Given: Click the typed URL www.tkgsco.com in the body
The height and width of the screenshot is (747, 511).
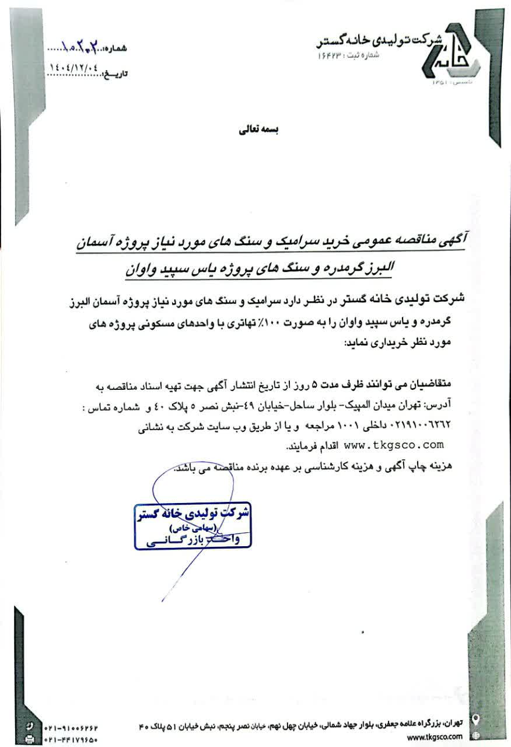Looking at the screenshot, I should click(x=394, y=445).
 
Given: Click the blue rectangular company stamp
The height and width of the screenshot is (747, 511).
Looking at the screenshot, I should click(x=193, y=526).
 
